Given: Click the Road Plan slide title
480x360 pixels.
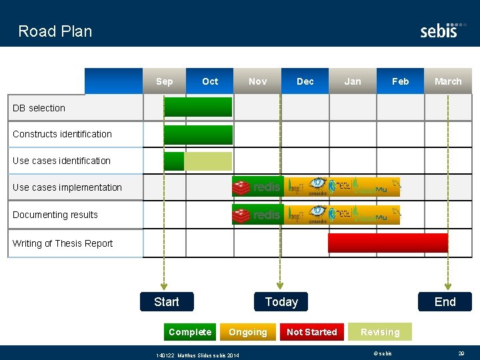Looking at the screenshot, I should click(x=55, y=31).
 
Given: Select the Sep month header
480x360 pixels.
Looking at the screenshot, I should click(x=164, y=81).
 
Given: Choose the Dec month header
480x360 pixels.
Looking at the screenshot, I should click(x=305, y=81).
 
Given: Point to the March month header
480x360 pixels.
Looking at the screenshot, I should click(x=447, y=81).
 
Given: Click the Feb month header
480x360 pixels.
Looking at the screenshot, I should click(x=400, y=81).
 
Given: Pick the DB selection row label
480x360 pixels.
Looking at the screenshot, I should click(x=39, y=108).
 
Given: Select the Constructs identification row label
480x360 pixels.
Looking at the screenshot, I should click(x=62, y=134).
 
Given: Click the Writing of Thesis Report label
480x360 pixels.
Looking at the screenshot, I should click(x=63, y=243).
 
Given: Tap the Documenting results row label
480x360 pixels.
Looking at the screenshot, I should click(x=55, y=215).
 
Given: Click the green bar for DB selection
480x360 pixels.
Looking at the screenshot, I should click(x=198, y=107).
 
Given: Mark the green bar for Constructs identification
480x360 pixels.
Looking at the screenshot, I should click(x=198, y=135).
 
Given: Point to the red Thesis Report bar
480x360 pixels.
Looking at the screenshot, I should click(x=387, y=243).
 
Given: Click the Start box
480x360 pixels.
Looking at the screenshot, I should click(x=167, y=302).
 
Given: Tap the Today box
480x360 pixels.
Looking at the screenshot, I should click(x=281, y=302).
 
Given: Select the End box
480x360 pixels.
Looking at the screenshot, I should click(x=445, y=302).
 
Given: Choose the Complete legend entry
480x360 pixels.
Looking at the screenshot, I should click(x=190, y=332).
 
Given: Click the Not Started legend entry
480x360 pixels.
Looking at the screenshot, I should click(x=311, y=332).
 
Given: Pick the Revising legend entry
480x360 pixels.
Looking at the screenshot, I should click(x=380, y=332).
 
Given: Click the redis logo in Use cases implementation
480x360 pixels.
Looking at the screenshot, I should click(x=257, y=187).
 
